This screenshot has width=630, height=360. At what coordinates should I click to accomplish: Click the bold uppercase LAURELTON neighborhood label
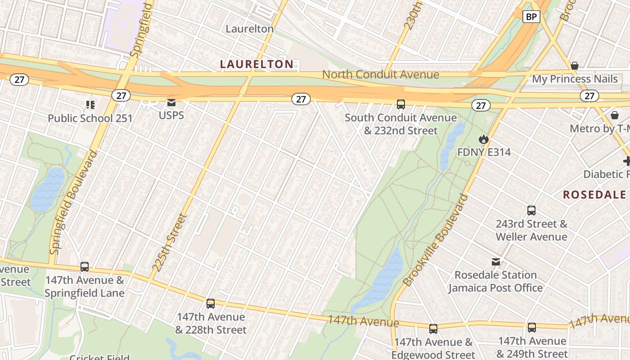tap(256, 64)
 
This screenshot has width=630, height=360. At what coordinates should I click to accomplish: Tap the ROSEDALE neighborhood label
tap(594, 194)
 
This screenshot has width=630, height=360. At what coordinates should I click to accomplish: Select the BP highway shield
tap(531, 17)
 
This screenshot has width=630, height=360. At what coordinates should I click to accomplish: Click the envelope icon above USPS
tap(171, 103)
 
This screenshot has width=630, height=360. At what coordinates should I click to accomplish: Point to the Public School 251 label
tap(90, 118)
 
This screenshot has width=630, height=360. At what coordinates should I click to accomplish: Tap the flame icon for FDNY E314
tap(484, 139)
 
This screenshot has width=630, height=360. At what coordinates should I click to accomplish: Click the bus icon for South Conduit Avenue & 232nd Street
tap(401, 104)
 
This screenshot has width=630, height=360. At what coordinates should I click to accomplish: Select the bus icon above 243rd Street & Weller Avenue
tap(531, 210)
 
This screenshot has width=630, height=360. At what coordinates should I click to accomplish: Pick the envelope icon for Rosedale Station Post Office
tap(495, 262)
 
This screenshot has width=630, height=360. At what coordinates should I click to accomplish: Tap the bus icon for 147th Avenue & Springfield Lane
tap(85, 266)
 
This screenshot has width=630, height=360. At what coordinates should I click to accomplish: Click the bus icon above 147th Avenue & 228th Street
tap(211, 303)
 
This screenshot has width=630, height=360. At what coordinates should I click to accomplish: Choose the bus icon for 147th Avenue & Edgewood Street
tap(433, 329)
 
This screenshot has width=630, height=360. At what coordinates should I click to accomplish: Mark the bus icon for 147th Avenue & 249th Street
tap(532, 327)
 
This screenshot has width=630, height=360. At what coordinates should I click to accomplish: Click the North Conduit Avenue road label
tap(380, 75)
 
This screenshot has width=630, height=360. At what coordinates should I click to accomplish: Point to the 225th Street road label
tap(169, 243)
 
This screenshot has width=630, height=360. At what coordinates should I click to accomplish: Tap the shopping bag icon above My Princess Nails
tap(575, 66)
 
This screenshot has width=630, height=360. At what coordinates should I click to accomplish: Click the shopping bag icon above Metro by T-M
tap(615, 115)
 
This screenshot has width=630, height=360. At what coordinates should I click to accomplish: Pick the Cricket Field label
tap(99, 357)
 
